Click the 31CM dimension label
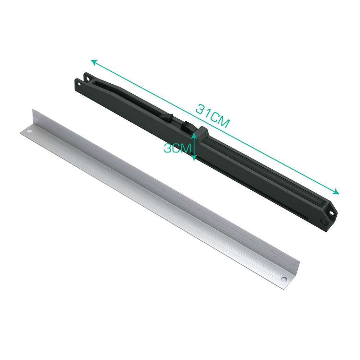(213, 116)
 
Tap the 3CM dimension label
(177, 148)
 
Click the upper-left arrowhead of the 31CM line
(94, 62)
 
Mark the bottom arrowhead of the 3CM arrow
(194, 158)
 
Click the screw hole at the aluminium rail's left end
(29, 131)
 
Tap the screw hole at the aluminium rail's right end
(284, 279)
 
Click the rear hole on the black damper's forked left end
(88, 79)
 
